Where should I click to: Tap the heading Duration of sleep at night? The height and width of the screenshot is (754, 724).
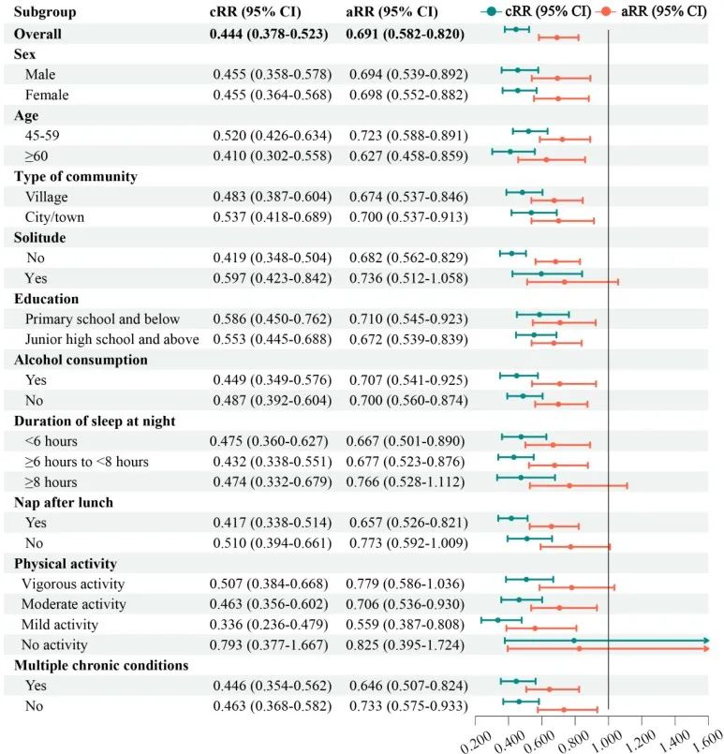click(93, 421)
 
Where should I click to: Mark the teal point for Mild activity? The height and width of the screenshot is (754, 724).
click(497, 619)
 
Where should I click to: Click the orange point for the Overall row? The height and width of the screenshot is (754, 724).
click(557, 37)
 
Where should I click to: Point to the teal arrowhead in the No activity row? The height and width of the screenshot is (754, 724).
click(706, 641)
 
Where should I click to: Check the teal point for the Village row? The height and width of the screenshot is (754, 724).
click(523, 192)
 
